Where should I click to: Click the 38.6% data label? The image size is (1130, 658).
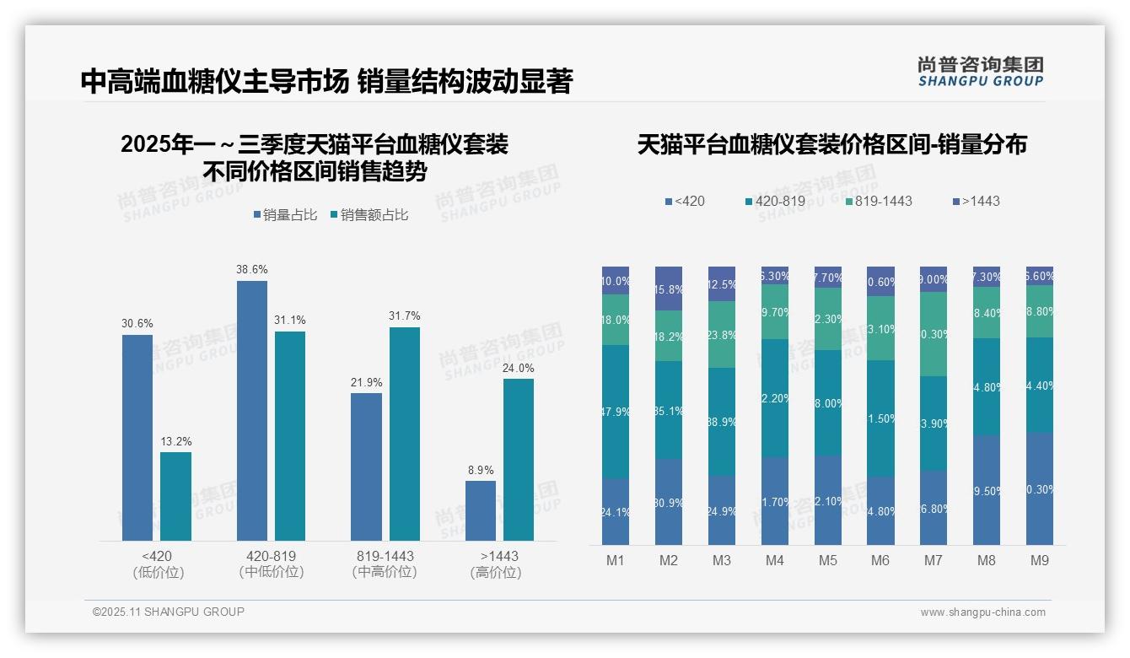(252, 270)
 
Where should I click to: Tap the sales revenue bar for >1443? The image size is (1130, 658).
(519, 460)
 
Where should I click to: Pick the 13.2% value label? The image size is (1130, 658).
(175, 441)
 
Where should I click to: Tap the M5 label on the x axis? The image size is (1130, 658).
(827, 561)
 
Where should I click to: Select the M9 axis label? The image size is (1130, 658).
(1039, 561)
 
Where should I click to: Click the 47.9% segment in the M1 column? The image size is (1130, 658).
(616, 412)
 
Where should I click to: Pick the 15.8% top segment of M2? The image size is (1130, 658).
(669, 289)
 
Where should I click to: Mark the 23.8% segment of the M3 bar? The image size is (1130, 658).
(722, 334)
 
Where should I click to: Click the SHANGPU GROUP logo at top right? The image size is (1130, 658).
(981, 72)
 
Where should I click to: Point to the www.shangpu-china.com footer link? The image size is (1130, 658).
(982, 612)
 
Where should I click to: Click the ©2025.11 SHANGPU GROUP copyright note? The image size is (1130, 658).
(169, 612)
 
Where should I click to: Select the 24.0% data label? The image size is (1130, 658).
(519, 368)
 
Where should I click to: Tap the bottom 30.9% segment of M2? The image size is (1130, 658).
(669, 502)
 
